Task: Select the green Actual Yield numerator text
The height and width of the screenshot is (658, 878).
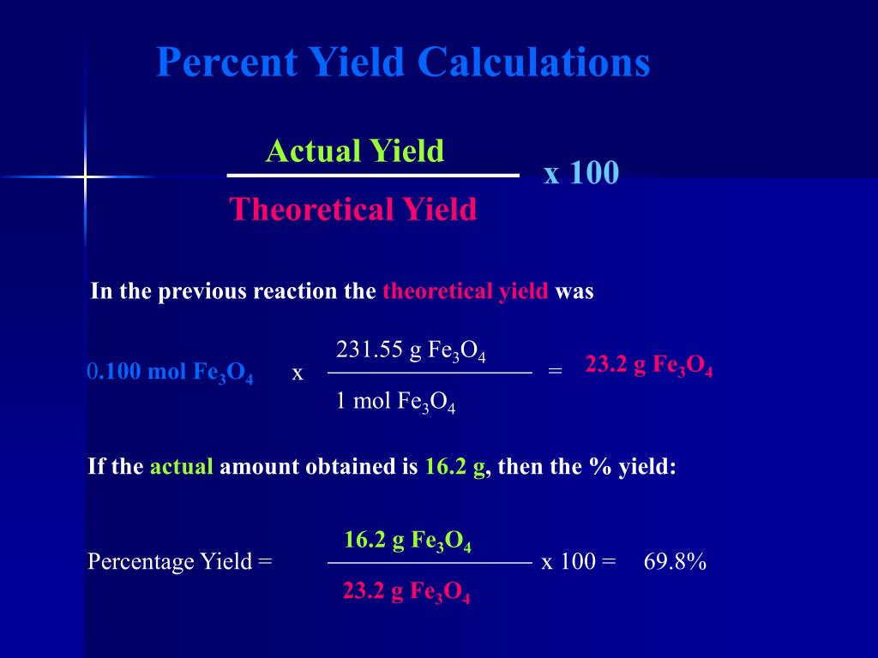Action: pos(355,152)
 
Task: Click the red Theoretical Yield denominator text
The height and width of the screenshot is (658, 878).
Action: pos(352,209)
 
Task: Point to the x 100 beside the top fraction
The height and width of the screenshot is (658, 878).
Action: pos(580,174)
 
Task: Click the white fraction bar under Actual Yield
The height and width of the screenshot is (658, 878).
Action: pos(373,176)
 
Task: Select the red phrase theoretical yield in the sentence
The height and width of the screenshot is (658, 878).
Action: pos(465,291)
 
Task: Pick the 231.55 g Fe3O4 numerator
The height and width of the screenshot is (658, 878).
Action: pos(411,351)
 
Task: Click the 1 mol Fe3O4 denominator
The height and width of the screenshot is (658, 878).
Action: pos(395,401)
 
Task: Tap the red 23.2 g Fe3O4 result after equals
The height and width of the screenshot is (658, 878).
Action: pos(649,366)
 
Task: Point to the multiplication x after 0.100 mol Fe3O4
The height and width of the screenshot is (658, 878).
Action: pos(298,374)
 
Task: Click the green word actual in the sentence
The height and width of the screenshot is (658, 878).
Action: pos(181,467)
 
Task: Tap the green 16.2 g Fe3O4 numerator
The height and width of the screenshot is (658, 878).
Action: pos(407,541)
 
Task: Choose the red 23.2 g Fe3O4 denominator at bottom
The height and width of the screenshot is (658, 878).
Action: pos(406,593)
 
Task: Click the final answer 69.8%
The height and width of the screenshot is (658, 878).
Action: pos(675,562)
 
